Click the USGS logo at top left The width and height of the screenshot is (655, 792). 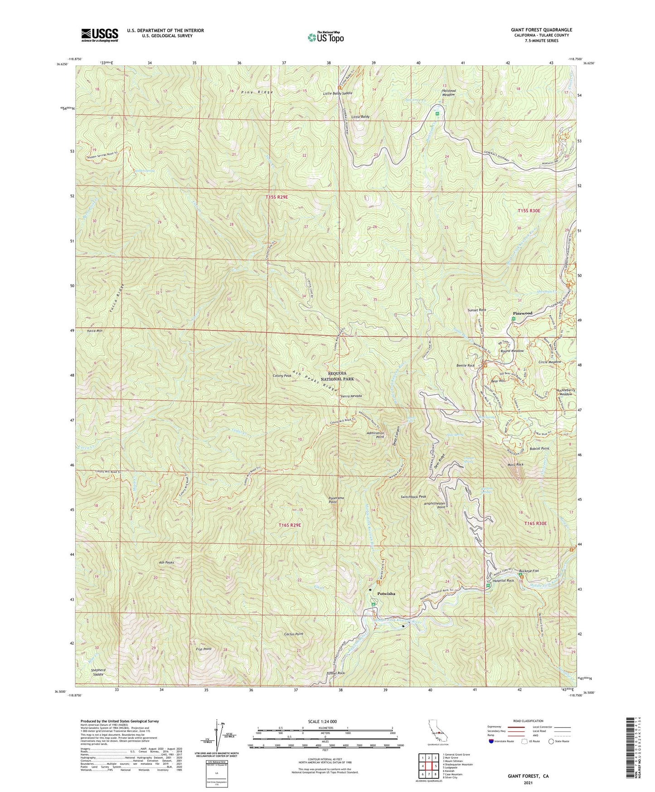(x=100, y=34)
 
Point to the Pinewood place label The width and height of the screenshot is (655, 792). (x=522, y=313)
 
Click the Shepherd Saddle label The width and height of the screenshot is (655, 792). (x=97, y=672)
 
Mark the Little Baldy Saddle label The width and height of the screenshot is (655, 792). (x=337, y=93)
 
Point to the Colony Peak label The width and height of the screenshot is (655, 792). (x=282, y=376)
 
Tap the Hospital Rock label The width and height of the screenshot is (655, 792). (x=503, y=580)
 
